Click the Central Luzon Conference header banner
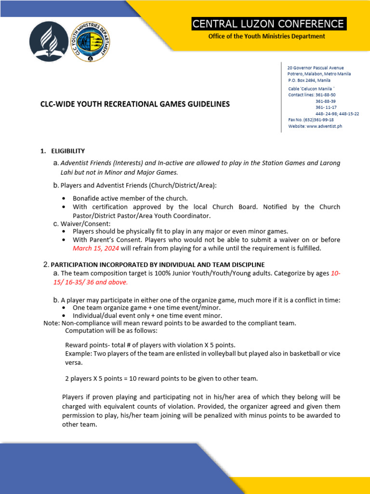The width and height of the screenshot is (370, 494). coord(268,24)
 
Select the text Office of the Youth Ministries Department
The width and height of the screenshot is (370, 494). coord(266,36)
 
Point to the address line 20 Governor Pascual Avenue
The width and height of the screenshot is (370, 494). coord(315,68)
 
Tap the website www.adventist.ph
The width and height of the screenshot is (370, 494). coord(315,126)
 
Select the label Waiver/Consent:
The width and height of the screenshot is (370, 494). coord(85,224)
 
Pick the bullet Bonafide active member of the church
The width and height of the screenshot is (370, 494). coord(130,198)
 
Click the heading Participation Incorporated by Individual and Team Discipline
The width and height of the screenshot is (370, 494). coord(158,264)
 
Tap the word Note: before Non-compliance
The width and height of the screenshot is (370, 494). coord(52,323)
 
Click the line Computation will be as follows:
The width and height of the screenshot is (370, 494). coord(111,331)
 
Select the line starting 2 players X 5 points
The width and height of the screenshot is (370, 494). coord(161,378)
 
